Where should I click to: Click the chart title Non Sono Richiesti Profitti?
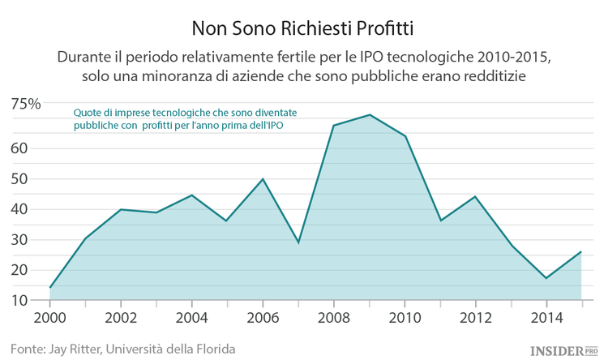[303, 28]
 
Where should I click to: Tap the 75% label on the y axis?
[26, 104]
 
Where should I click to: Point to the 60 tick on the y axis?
[19, 148]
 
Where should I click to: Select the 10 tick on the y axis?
[19, 300]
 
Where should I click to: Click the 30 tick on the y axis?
[19, 240]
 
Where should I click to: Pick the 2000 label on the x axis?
[50, 316]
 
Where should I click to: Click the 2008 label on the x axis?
[333, 316]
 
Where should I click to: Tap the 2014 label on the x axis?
[546, 316]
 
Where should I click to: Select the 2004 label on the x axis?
[191, 316]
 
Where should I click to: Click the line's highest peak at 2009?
[369, 114]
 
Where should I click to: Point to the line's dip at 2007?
[298, 242]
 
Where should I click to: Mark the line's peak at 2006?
[263, 179]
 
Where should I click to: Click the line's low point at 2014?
[546, 278]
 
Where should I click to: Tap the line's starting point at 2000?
[50, 287]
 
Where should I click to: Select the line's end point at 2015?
[581, 251]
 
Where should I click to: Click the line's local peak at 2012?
[475, 196]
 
